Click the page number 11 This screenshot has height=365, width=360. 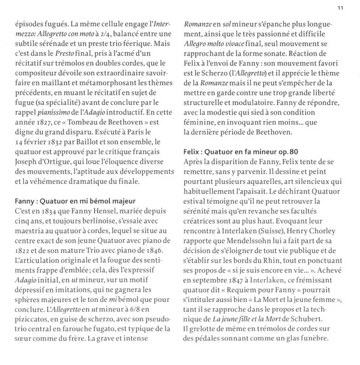340,8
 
